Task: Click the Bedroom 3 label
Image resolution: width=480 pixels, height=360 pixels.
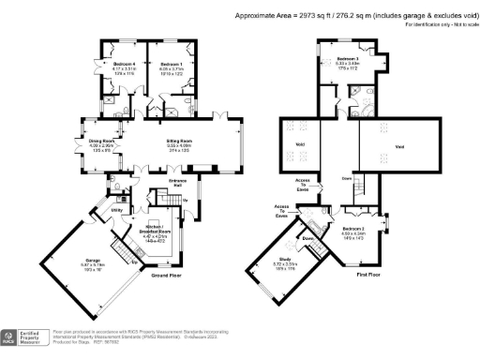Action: [x=349, y=58]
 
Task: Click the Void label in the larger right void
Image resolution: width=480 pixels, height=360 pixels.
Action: [x=399, y=148]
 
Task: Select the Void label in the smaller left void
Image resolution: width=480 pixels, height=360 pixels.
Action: [x=300, y=143]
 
